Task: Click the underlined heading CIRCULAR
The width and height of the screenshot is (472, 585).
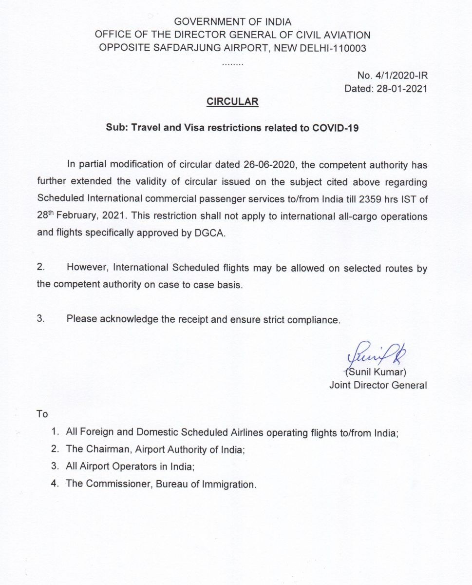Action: pyautogui.click(x=232, y=101)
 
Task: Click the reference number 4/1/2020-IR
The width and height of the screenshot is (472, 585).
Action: pyautogui.click(x=400, y=76)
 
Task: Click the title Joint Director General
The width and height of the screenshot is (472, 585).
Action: pyautogui.click(x=378, y=385)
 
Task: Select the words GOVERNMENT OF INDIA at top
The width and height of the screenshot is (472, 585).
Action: pyautogui.click(x=232, y=22)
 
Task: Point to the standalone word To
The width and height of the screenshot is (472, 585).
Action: pyautogui.click(x=42, y=414)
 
